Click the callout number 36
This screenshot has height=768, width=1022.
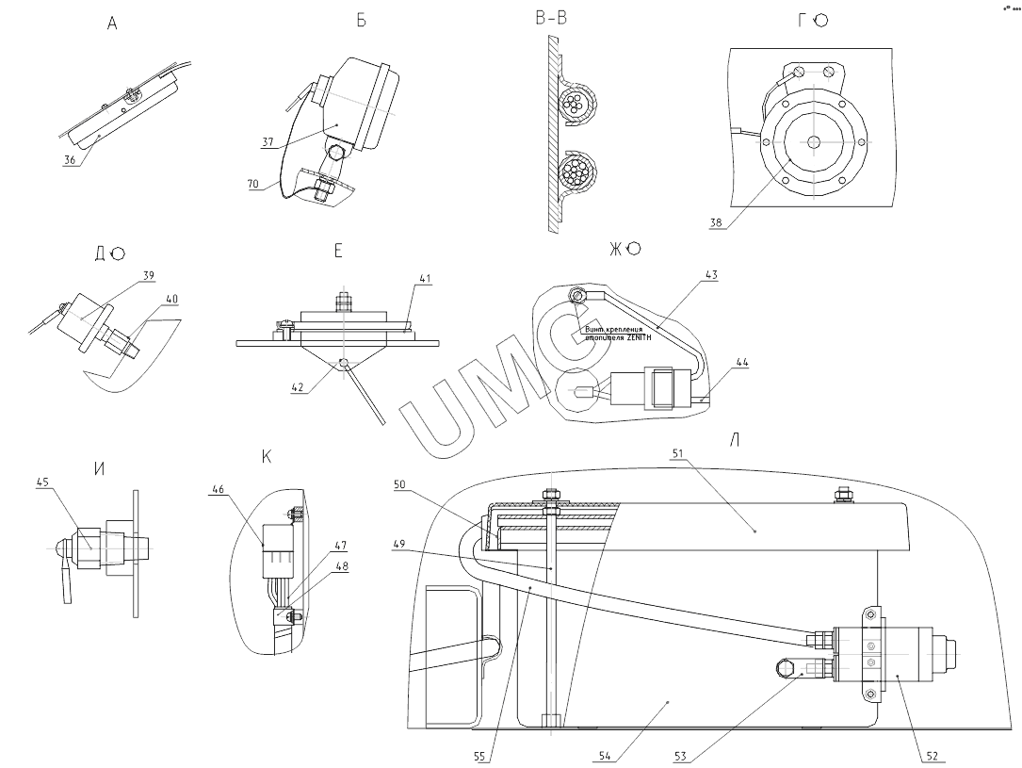pos(71,160)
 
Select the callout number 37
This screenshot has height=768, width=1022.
pos(268,141)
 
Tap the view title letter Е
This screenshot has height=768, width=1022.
pos(338,252)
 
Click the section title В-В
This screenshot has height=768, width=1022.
pos(550,17)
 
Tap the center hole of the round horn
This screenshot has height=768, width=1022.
pos(813,141)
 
